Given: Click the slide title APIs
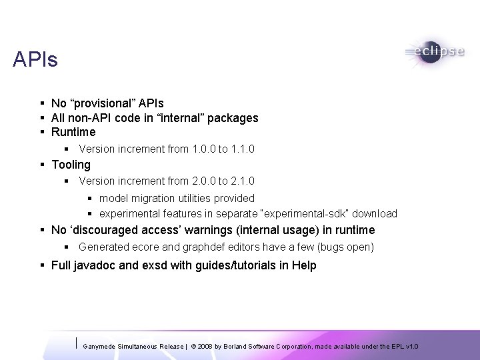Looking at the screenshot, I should click(x=35, y=60).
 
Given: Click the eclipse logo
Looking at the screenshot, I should click(x=433, y=53).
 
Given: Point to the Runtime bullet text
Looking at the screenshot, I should click(x=73, y=132).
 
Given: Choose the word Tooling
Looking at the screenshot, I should click(x=71, y=164).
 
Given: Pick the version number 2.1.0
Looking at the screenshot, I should click(x=241, y=181).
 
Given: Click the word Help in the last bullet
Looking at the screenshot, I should click(x=303, y=265).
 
